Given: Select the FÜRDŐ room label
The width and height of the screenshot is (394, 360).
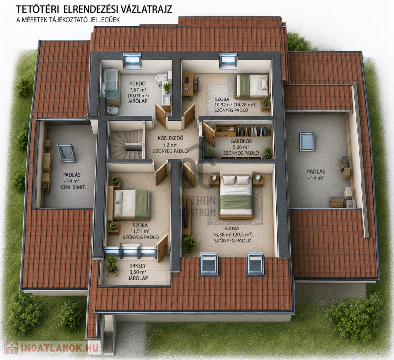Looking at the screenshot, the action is coord(138,83).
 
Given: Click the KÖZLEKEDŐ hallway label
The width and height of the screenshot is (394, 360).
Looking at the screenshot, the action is coord(170,138).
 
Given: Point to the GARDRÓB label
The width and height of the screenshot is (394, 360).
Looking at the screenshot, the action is coord(241,141).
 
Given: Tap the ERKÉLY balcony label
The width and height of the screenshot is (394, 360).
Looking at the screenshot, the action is coord(138,266).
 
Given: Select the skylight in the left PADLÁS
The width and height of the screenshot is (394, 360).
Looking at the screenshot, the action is coord(66,153).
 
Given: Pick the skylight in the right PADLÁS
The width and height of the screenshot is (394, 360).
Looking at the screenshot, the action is coord(306,141).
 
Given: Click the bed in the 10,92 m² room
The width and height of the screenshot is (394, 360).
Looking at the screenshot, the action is coord(253,86).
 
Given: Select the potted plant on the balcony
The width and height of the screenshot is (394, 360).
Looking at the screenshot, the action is coord(112,264).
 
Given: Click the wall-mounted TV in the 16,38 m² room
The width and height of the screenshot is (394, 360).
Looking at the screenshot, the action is coord(186,212).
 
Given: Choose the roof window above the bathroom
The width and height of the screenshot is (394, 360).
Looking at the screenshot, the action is coord(132,60).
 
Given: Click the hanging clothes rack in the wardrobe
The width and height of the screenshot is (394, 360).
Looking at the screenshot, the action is coord(254,131).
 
